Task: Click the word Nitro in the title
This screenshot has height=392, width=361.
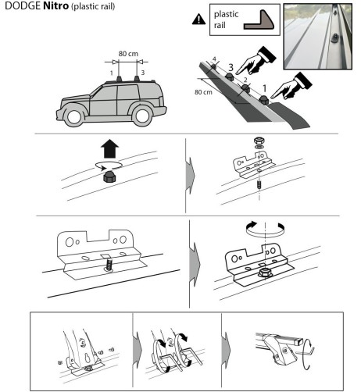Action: click(55, 5)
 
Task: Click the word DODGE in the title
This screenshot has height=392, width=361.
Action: click(23, 5)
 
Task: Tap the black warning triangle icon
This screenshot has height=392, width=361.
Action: click(198, 20)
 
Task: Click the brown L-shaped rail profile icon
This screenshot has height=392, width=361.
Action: click(259, 20)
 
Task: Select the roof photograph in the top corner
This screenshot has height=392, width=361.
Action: click(318, 37)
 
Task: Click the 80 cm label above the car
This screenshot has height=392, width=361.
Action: click(128, 54)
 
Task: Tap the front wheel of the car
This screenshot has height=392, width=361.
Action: click(73, 116)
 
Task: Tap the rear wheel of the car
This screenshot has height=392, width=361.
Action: click(142, 116)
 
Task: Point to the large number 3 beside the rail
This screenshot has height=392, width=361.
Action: click(231, 68)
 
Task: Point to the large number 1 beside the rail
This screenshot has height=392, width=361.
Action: click(264, 88)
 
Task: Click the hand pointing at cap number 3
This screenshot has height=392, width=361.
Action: click(256, 60)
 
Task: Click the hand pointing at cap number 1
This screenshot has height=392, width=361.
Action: click(291, 87)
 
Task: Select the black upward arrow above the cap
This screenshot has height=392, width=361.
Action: click(109, 148)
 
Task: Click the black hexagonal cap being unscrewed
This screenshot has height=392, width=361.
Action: click(110, 176)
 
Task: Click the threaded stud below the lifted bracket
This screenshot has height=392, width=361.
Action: click(259, 185)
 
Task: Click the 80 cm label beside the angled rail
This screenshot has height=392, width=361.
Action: click(203, 92)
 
